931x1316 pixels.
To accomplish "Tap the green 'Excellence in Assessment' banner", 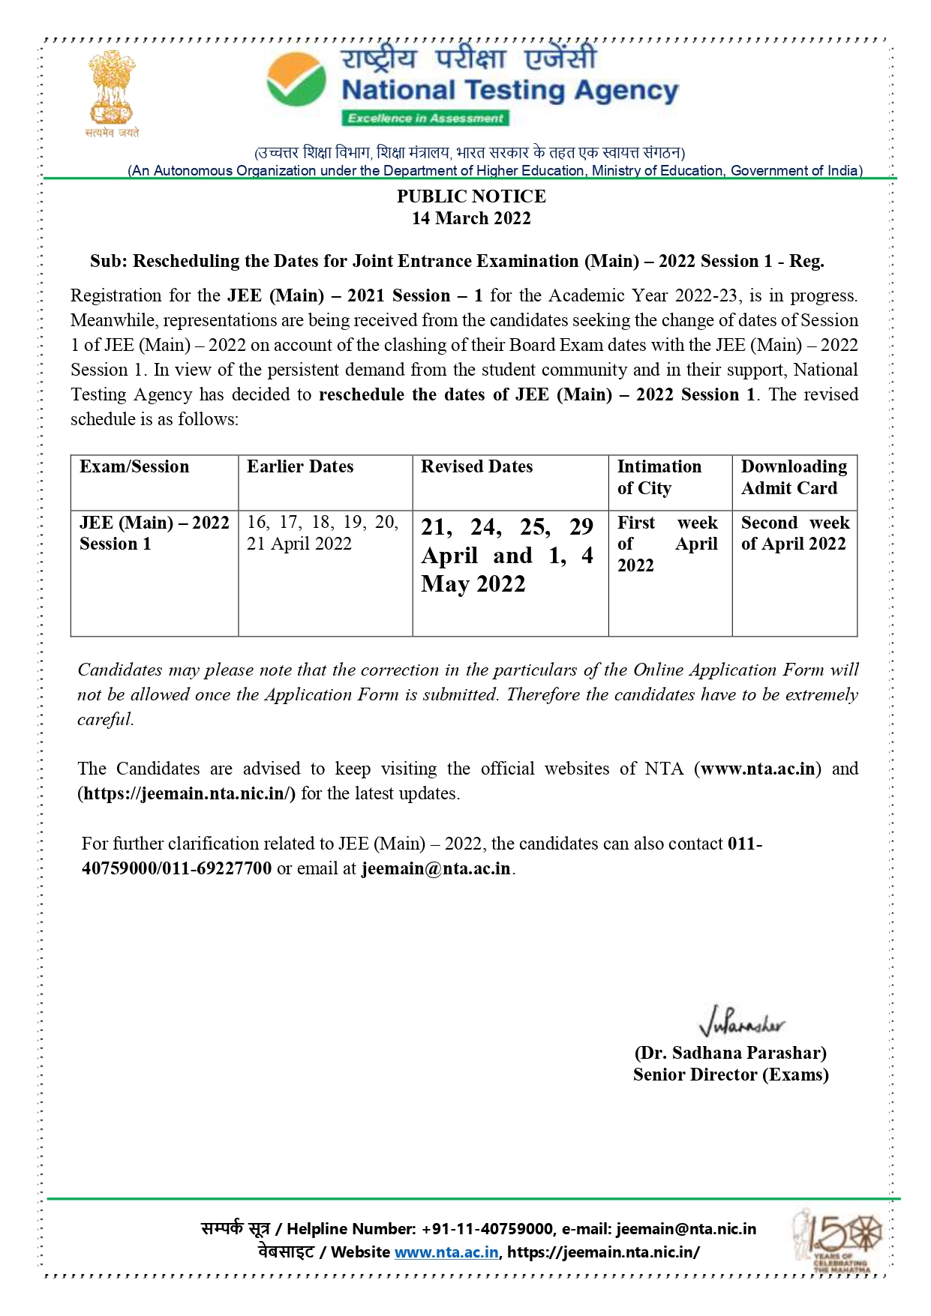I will [x=425, y=118].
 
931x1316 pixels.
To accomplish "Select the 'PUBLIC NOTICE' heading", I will [x=471, y=196].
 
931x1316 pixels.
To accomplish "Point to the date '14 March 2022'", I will [x=471, y=219].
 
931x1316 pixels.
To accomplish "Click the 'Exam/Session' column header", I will [x=134, y=466].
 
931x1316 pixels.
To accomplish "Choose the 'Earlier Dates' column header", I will [x=300, y=466].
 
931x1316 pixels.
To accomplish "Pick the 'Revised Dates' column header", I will [x=476, y=466].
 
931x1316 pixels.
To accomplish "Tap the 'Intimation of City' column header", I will [x=659, y=477].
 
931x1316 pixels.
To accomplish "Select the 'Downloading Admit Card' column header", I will [x=794, y=477].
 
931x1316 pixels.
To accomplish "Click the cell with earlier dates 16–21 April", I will [x=323, y=533].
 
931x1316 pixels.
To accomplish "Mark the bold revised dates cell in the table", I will [x=507, y=556].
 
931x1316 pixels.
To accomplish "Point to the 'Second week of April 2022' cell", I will [x=794, y=533].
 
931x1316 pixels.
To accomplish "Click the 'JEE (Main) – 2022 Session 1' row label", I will [x=154, y=533].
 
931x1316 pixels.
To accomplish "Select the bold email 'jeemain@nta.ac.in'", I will [x=436, y=868].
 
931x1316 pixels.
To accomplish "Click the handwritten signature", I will [x=741, y=1022].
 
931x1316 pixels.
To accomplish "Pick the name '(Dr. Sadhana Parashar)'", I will [x=730, y=1053].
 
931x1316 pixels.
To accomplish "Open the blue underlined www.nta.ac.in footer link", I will [x=446, y=1252].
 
